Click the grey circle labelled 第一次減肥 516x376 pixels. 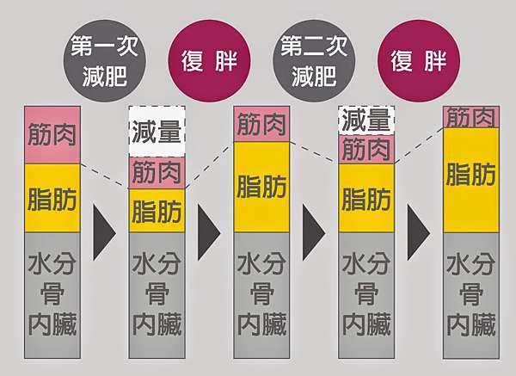(104, 60)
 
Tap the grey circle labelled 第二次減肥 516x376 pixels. (314, 60)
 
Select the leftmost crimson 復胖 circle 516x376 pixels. (209, 60)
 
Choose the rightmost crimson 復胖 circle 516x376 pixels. (419, 60)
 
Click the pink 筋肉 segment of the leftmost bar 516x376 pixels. (52, 135)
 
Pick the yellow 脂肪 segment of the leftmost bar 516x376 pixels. (52, 198)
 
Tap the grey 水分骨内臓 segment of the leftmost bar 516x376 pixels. (52, 295)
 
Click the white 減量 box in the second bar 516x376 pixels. (157, 132)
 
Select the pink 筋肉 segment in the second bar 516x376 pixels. (157, 173)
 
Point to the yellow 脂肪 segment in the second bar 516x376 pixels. (157, 211)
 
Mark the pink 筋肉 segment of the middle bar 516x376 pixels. (261, 124)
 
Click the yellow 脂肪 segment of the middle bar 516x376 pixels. (261, 187)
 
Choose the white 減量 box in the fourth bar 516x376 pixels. (366, 120)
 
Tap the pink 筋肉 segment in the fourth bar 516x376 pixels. (366, 150)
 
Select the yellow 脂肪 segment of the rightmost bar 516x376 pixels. (471, 180)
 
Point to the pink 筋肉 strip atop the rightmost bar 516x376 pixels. (471, 117)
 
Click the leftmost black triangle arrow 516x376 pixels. (104, 232)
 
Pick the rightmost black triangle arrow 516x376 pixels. (419, 232)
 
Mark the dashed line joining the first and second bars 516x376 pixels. (105, 176)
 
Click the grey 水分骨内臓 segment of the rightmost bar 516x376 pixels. (471, 295)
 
